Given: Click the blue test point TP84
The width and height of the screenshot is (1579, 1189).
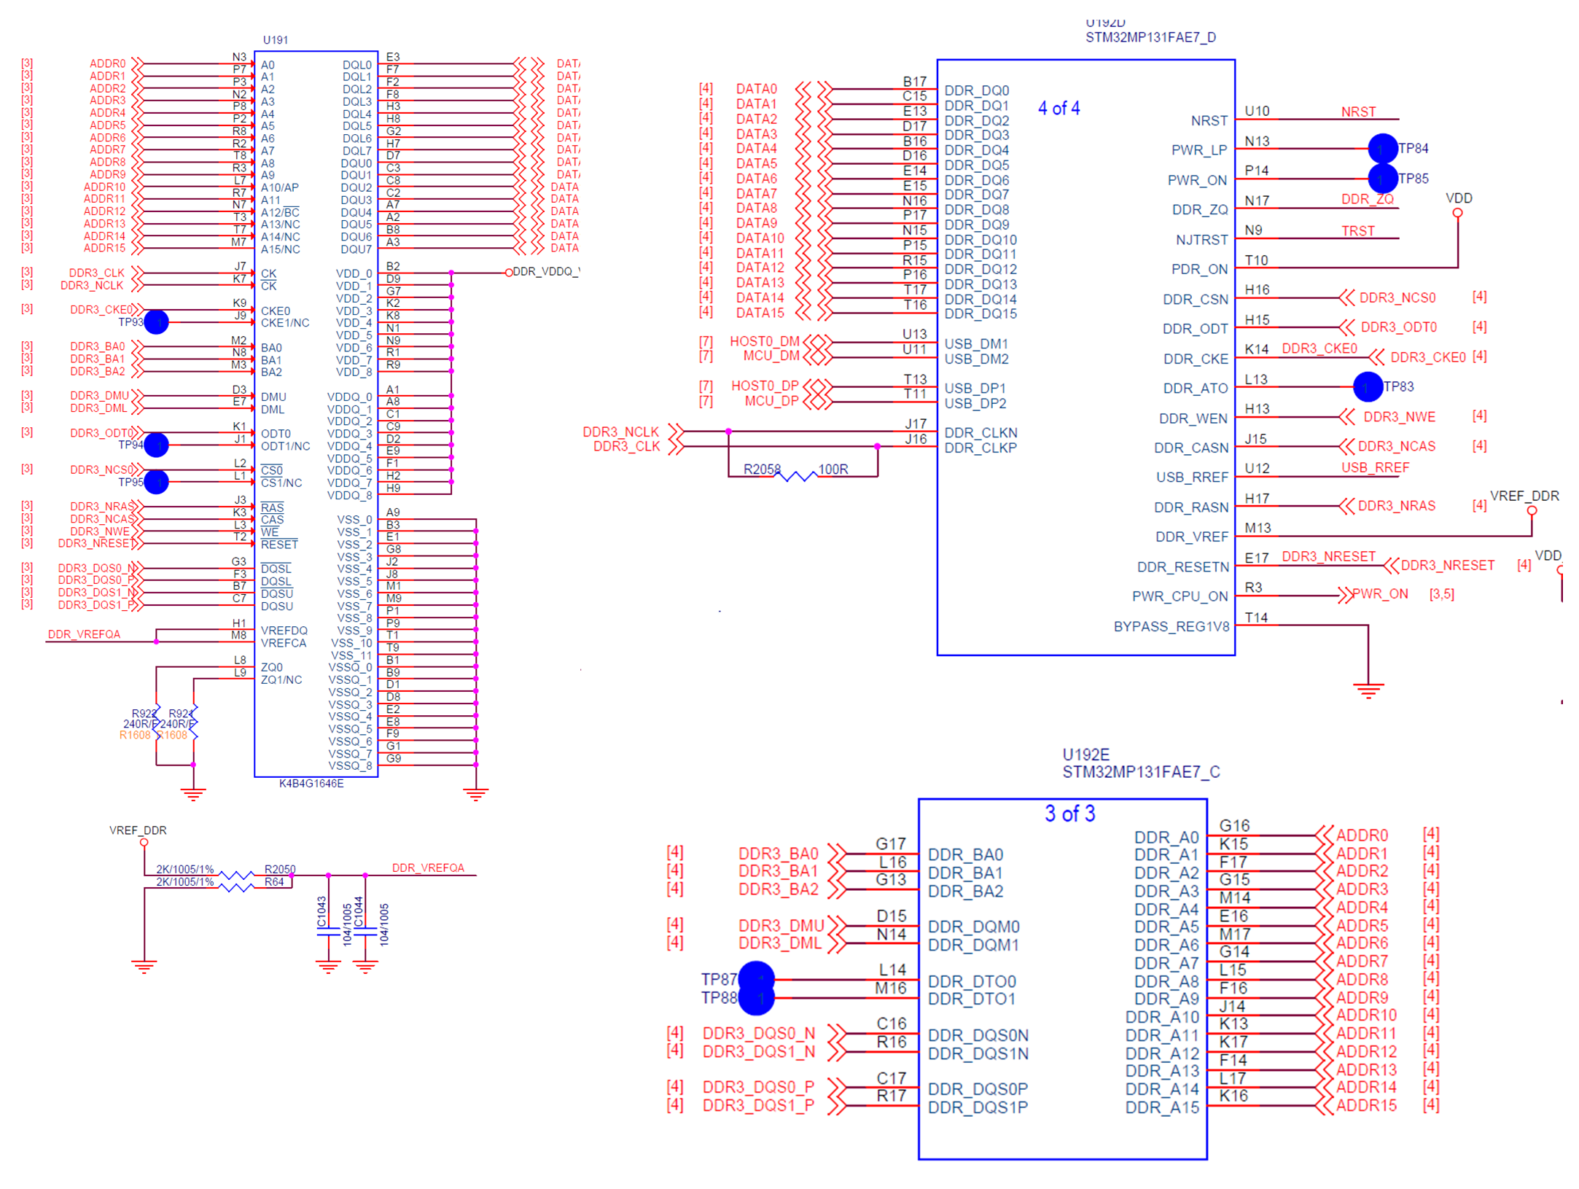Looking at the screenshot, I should [1381, 149].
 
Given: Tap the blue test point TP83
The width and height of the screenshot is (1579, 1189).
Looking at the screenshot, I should [1367, 387].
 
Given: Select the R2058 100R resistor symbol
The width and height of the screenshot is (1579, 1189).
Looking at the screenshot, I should [795, 477].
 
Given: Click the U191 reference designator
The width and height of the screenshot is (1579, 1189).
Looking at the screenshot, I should [275, 40].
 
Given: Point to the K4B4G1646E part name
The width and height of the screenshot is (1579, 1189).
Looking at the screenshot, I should [311, 784].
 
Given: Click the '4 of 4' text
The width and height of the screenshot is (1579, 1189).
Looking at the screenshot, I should [1058, 109].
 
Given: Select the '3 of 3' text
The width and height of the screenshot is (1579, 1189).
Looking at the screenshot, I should [1069, 814].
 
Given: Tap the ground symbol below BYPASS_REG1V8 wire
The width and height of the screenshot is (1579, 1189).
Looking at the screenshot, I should [1368, 690].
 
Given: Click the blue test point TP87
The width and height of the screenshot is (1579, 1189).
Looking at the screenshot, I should [756, 978].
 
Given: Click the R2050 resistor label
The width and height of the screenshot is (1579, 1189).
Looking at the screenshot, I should [280, 869].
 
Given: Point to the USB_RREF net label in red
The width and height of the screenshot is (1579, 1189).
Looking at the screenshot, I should [1375, 468].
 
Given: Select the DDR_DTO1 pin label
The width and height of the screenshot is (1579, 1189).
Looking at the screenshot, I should [972, 999].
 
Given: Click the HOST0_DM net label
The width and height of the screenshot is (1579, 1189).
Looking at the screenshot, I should [764, 342].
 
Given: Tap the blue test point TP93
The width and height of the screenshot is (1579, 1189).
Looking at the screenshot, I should [156, 322].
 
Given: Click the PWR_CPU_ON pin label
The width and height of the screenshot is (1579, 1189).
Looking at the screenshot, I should [1180, 597].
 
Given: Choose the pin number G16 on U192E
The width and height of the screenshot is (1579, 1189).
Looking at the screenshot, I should [1234, 826].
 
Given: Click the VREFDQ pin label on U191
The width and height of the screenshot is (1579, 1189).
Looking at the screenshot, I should [284, 631].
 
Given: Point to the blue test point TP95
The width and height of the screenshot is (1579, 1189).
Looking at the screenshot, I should [156, 482].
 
